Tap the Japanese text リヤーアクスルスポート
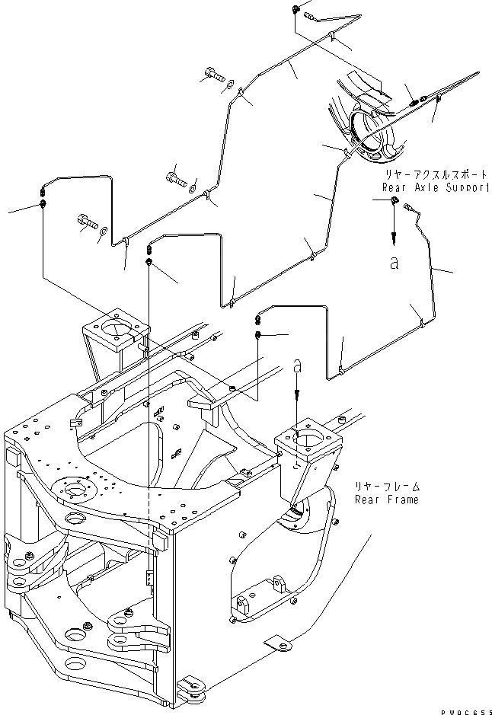click(436, 175)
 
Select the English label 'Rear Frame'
click(386, 500)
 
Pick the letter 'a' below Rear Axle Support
click(394, 263)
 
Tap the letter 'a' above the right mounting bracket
click(298, 366)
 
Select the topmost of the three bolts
click(212, 75)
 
